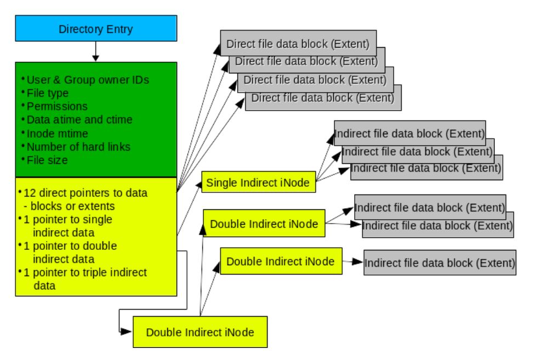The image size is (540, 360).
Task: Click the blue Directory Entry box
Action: click(x=96, y=28)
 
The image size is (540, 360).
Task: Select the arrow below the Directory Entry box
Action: click(x=96, y=52)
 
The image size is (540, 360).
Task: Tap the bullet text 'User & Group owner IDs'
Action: click(x=88, y=80)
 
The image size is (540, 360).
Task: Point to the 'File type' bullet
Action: click(x=48, y=93)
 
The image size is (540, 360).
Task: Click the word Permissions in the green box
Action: click(x=57, y=106)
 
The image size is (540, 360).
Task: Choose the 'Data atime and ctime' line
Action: click(x=79, y=120)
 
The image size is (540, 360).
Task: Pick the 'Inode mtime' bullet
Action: click(x=57, y=134)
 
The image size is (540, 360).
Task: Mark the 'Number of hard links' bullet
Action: click(x=78, y=147)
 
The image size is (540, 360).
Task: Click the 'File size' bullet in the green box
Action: click(x=47, y=161)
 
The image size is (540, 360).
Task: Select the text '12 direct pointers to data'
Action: click(x=86, y=193)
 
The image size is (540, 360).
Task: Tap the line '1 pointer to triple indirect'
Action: click(x=85, y=272)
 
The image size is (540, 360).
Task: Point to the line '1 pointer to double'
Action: click(x=70, y=246)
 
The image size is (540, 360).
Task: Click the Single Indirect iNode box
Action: click(x=259, y=182)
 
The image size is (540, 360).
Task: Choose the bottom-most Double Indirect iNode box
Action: click(x=200, y=332)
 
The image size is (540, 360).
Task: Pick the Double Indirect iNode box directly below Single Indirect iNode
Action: click(x=264, y=224)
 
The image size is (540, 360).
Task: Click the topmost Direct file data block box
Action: click(x=298, y=43)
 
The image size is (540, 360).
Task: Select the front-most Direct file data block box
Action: click(x=323, y=98)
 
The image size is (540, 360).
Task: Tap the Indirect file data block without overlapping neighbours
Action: click(x=440, y=262)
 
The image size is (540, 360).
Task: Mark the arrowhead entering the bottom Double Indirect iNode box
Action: click(x=126, y=332)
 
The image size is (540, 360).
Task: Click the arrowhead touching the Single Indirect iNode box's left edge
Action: click(x=198, y=185)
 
